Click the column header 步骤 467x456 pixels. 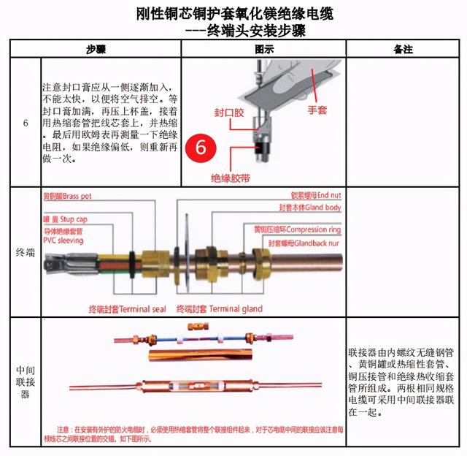(x=96, y=50)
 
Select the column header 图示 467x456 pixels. (x=263, y=50)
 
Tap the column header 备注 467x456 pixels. (x=403, y=50)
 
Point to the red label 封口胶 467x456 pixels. (x=228, y=114)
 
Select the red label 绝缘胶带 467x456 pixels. (x=231, y=178)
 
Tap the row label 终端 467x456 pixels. (x=26, y=253)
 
